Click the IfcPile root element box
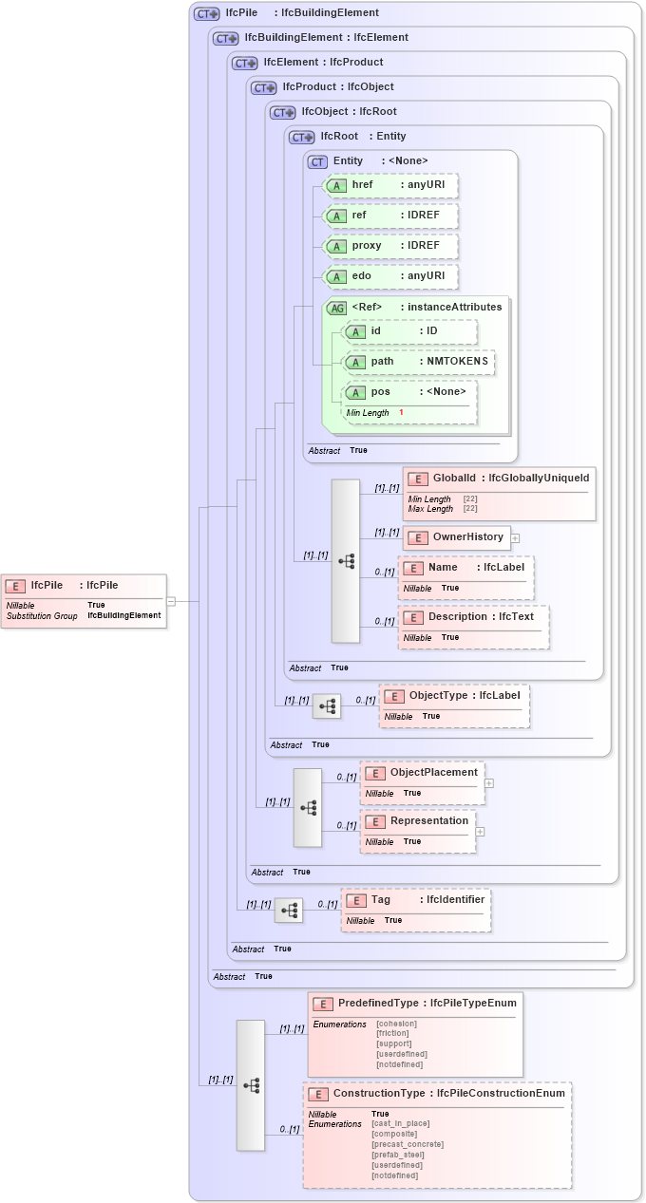84,600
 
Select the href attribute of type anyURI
391,185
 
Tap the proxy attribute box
391,246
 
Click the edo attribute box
391,276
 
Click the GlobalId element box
500,493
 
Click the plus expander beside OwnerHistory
515,537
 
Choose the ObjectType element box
454,705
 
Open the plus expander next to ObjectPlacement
489,783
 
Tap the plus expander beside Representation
480,832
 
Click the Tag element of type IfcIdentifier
416,910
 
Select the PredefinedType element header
416,1004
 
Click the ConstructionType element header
437,1093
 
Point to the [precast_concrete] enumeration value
407,1144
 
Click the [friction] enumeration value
392,1033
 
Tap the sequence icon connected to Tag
289,911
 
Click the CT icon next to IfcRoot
302,137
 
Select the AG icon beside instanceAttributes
336,308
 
